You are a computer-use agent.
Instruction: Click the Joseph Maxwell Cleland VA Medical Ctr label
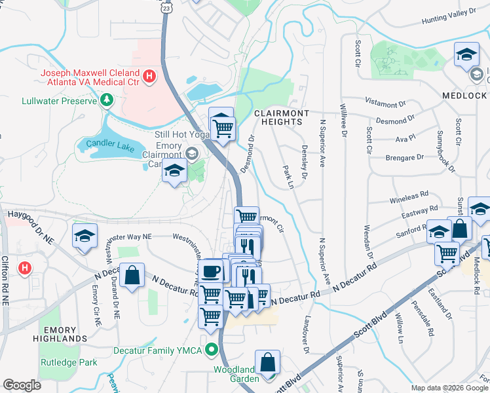(x=90, y=77)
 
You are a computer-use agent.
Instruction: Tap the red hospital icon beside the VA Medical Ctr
(x=149, y=77)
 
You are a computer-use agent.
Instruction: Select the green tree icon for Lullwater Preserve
(x=107, y=100)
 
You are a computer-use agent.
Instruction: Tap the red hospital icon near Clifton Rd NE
(x=25, y=268)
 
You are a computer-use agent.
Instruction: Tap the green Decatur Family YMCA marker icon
(x=212, y=350)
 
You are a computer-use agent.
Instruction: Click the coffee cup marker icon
(x=211, y=271)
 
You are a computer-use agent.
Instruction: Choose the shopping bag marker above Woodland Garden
(x=267, y=362)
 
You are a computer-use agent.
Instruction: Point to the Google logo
(x=22, y=385)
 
